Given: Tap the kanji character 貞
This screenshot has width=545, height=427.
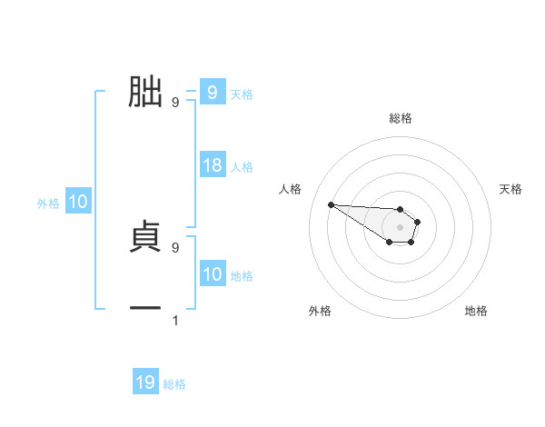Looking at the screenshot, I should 145,236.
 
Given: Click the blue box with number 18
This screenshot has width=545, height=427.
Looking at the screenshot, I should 213,166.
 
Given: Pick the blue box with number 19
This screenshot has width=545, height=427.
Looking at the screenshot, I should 145,382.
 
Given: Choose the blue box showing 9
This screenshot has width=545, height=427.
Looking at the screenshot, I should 212,92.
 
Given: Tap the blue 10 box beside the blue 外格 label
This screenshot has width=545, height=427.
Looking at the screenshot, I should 78,203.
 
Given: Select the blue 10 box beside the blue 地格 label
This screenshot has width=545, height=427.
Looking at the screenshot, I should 213,275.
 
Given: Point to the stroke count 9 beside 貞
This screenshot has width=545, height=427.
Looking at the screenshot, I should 175,246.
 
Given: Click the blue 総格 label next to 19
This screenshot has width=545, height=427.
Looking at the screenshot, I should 174,384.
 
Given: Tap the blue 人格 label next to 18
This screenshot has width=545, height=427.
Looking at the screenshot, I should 242,167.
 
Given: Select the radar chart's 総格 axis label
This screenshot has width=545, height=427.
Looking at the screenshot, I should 400,118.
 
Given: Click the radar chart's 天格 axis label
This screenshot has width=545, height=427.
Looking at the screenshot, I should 511,189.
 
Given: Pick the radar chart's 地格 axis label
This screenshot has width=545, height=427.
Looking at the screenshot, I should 476,311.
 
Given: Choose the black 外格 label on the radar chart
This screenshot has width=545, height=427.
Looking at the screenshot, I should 320,311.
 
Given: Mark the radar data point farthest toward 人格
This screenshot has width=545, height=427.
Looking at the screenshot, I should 331,204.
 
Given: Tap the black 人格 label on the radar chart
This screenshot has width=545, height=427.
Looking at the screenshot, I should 291,189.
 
